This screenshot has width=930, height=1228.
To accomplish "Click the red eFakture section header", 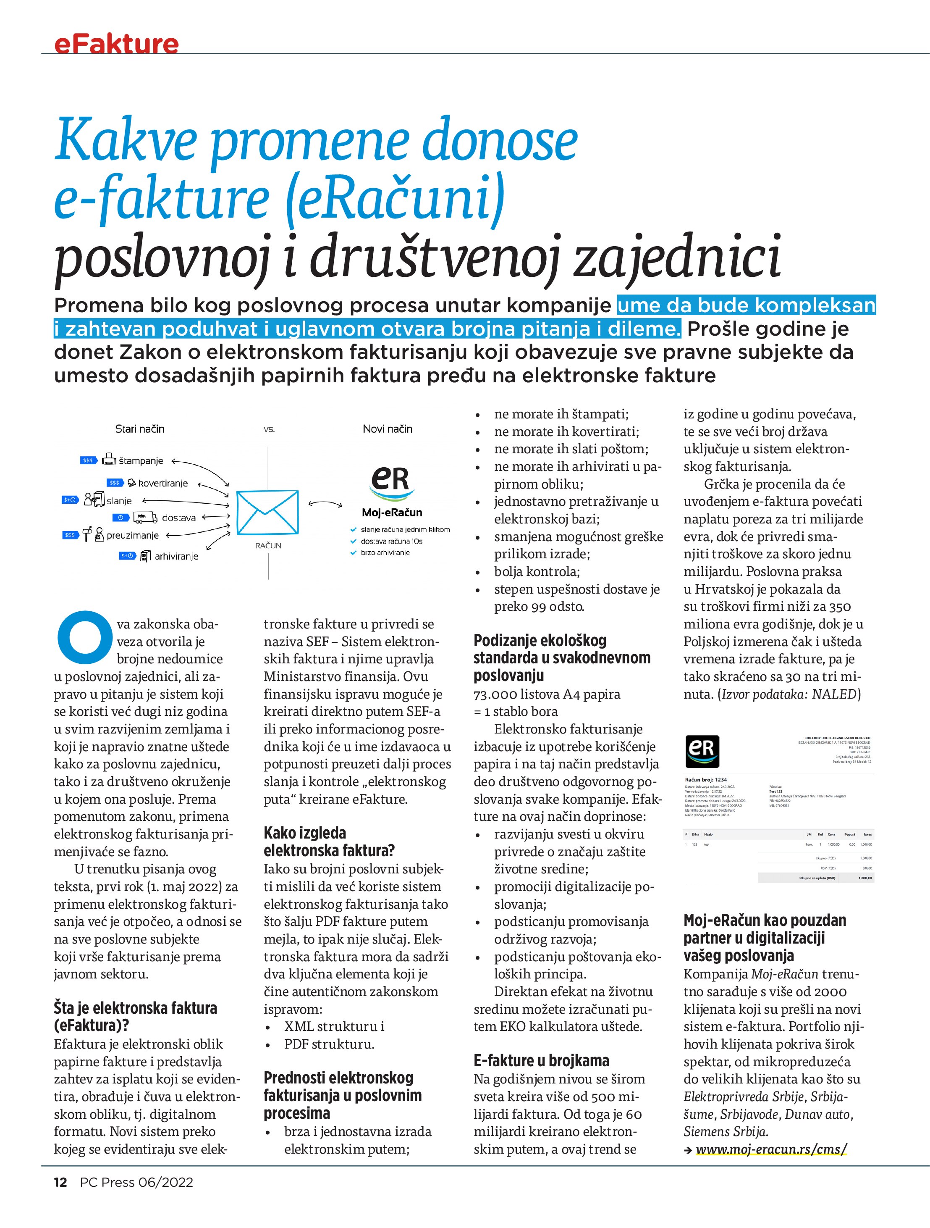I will click(117, 44).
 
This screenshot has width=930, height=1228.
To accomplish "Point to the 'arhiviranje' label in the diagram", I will click(176, 556).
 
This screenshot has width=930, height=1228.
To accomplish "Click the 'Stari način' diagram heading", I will click(139, 429).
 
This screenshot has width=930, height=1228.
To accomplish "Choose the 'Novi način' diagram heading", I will click(387, 429).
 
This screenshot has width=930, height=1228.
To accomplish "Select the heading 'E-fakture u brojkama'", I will click(541, 1060).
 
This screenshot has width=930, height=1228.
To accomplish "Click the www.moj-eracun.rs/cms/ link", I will click(771, 1149).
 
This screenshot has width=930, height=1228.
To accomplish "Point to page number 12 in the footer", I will click(60, 1182).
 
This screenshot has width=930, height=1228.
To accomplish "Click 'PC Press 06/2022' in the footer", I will click(136, 1182).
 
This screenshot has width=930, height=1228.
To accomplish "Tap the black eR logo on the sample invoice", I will click(702, 751).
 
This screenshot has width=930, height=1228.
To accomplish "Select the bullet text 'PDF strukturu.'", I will click(329, 1044).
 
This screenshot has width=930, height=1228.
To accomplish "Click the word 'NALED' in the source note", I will click(835, 694).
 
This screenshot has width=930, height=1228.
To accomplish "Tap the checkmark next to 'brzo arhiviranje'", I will click(353, 552).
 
